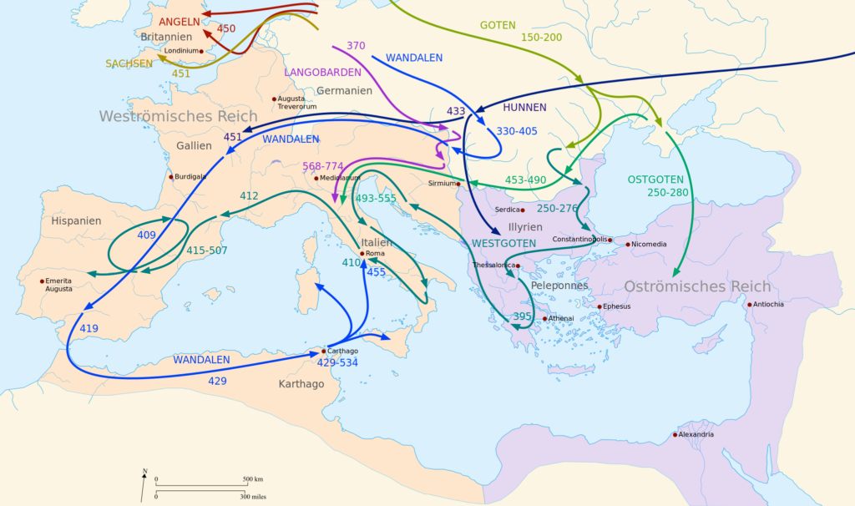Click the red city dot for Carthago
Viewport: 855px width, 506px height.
pyautogui.click(x=323, y=351)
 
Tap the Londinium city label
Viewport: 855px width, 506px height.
pyautogui.click(x=182, y=51)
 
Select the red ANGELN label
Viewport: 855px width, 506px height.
pyautogui.click(x=179, y=22)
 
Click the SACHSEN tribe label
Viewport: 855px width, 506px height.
pyautogui.click(x=129, y=63)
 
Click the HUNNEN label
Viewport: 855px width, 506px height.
pyautogui.click(x=524, y=108)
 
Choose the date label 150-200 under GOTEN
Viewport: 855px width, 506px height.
pyautogui.click(x=541, y=38)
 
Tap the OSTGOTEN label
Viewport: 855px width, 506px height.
pyautogui.click(x=655, y=180)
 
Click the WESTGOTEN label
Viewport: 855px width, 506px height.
pyautogui.click(x=503, y=244)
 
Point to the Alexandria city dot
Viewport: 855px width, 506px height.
pyautogui.click(x=675, y=434)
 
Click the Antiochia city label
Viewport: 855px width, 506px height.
pyautogui.click(x=768, y=304)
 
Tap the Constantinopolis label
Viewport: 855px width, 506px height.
pyautogui.click(x=579, y=240)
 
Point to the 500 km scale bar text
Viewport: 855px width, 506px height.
pyautogui.click(x=253, y=478)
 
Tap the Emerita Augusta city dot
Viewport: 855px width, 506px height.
pyautogui.click(x=42, y=281)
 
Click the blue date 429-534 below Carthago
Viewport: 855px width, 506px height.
pyautogui.click(x=336, y=362)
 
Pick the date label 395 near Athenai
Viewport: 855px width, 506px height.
pyautogui.click(x=522, y=316)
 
